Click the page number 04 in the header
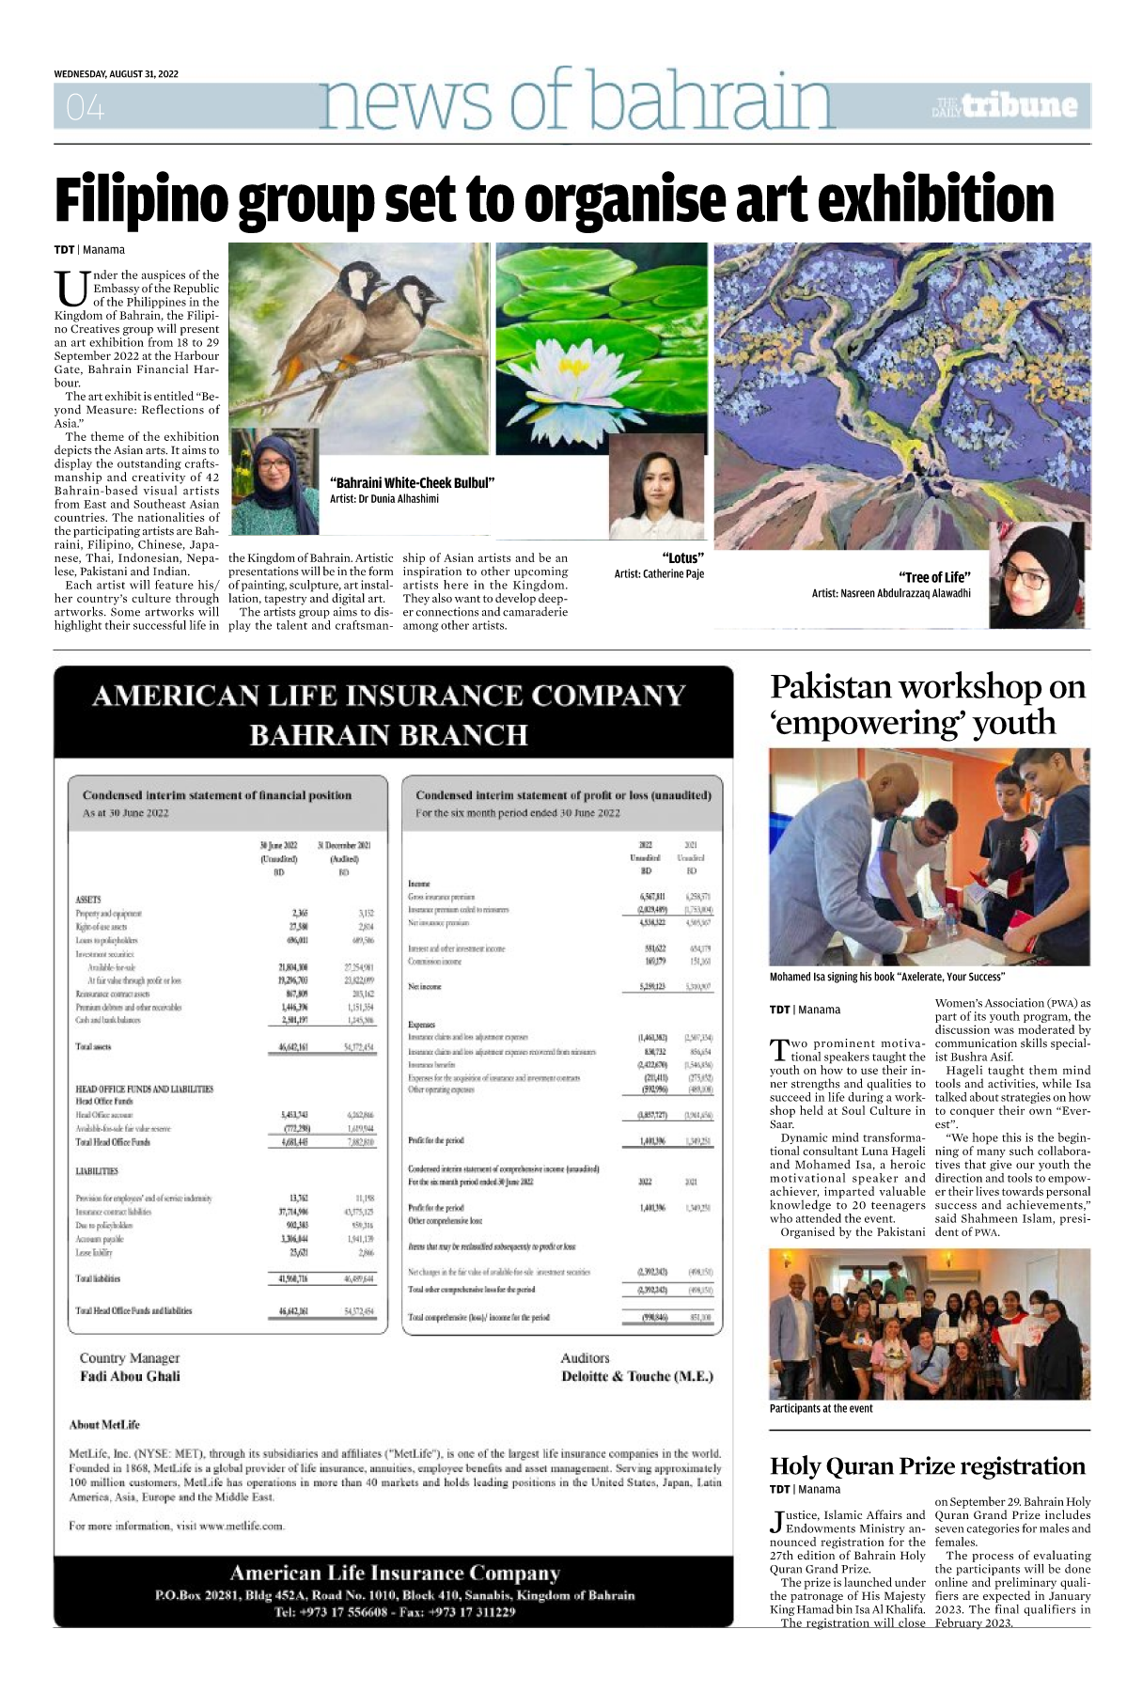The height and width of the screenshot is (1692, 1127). [86, 108]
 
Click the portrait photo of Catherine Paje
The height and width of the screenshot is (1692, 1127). [655, 487]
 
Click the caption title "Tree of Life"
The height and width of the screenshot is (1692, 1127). [934, 577]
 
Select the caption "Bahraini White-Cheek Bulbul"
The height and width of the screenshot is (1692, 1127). [412, 483]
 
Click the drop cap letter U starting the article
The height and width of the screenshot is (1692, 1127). [71, 289]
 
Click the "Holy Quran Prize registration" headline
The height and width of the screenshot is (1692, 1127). [927, 1465]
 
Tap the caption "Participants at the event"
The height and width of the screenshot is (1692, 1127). [821, 1408]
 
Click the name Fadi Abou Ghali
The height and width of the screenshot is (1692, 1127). [130, 1376]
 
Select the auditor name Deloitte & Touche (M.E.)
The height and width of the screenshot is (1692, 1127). [636, 1376]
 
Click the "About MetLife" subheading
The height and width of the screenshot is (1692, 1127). [104, 1424]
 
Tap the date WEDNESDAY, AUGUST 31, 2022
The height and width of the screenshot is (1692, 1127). [116, 74]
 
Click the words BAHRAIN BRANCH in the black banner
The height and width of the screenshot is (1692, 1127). [388, 734]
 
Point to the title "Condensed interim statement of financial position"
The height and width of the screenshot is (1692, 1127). [217, 795]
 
